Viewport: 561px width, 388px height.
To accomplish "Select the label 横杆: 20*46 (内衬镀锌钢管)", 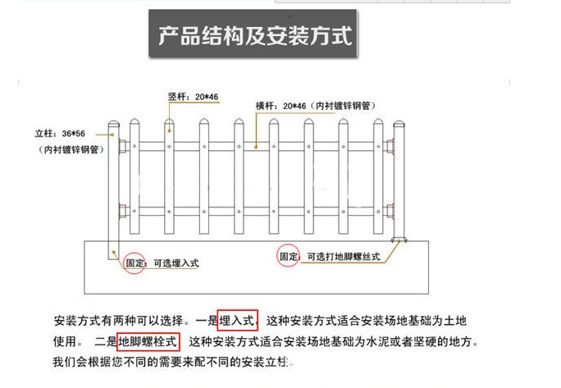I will (315, 107).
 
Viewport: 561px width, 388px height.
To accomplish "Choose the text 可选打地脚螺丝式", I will (344, 257).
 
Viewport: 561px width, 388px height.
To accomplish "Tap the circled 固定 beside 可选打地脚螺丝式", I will (289, 256).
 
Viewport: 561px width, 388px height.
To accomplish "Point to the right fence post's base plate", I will (400, 240).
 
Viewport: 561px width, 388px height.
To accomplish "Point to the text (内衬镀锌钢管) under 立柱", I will (71, 150).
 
